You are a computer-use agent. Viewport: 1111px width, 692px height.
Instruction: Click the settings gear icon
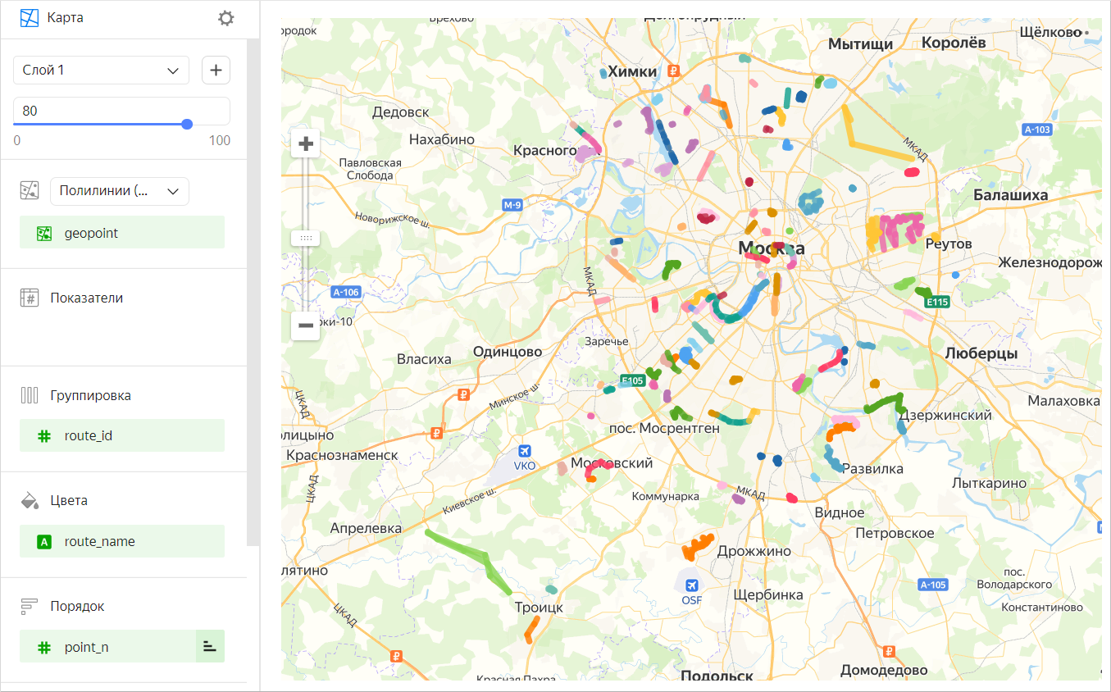point(225,18)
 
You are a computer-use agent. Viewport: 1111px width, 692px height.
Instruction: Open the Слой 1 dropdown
point(101,71)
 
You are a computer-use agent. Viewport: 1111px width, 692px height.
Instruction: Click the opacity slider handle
point(187,124)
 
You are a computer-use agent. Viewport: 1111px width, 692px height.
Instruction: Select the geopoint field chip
point(121,233)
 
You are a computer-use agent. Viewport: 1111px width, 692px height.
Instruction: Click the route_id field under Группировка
point(121,435)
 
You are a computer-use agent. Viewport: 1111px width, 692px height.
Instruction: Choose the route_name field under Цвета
point(121,541)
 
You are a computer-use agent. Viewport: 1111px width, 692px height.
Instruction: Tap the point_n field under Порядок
point(107,647)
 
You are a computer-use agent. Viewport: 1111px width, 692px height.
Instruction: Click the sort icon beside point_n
point(210,647)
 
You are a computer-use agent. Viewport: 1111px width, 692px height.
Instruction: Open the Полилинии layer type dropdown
point(119,191)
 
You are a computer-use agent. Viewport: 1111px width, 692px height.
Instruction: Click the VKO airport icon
point(525,451)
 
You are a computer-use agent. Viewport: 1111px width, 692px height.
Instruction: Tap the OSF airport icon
point(691,585)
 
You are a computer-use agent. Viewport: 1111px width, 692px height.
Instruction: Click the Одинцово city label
point(507,352)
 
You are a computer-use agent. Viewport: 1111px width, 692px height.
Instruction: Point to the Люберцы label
point(981,353)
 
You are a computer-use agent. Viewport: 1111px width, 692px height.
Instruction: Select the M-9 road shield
point(512,205)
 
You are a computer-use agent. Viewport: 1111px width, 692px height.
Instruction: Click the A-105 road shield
point(933,585)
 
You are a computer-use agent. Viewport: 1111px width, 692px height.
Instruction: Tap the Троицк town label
point(538,608)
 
